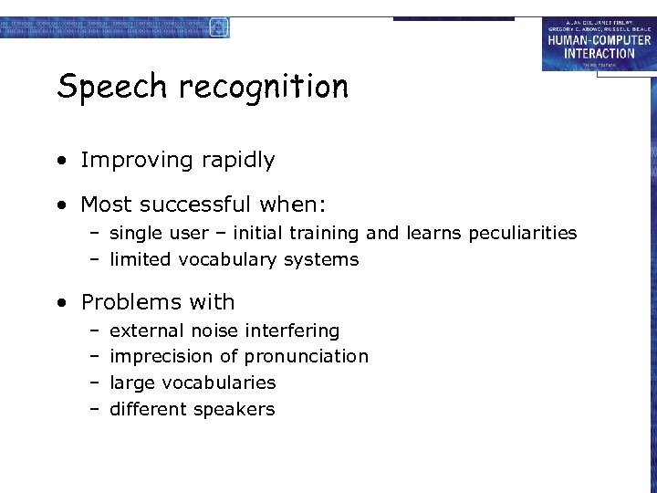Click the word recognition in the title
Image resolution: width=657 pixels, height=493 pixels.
click(264, 88)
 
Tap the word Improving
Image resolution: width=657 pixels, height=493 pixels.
click(142, 161)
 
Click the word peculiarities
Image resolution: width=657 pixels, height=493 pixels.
click(523, 234)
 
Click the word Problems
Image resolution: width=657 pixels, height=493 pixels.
click(133, 302)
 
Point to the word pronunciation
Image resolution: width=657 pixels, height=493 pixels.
click(306, 357)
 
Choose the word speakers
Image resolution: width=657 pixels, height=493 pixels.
click(235, 410)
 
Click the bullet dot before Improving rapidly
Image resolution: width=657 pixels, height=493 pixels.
click(60, 162)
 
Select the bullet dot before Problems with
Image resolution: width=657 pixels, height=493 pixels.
click(60, 303)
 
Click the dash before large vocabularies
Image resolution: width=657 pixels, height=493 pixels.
click(94, 383)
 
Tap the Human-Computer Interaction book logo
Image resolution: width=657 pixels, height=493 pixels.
click(598, 44)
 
